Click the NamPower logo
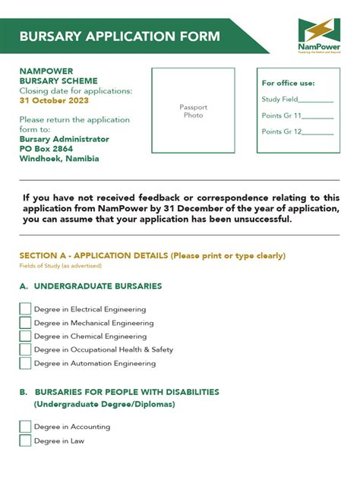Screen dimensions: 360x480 [x=319, y=35]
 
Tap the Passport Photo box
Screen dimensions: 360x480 [x=193, y=112]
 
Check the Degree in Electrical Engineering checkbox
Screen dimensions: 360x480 [x=25, y=309]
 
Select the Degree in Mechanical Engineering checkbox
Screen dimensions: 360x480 [x=25, y=323]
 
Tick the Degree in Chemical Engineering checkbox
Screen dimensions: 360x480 [x=25, y=336]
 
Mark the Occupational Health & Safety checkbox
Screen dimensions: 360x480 [x=25, y=349]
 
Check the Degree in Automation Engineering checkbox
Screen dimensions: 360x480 [x=25, y=363]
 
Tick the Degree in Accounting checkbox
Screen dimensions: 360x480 [x=25, y=427]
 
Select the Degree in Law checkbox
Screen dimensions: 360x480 [x=25, y=441]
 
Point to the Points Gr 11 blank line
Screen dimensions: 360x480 [x=318, y=117]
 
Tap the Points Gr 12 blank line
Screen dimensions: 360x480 [x=318, y=133]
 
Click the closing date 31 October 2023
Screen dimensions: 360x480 [x=54, y=100]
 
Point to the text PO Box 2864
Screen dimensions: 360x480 [x=47, y=149]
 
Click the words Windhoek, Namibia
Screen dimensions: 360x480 [x=59, y=159]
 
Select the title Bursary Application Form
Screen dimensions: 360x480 [x=119, y=36]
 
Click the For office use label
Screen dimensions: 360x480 [x=288, y=83]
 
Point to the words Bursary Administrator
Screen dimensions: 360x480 [x=64, y=139]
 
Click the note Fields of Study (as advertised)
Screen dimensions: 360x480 [x=60, y=266]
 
